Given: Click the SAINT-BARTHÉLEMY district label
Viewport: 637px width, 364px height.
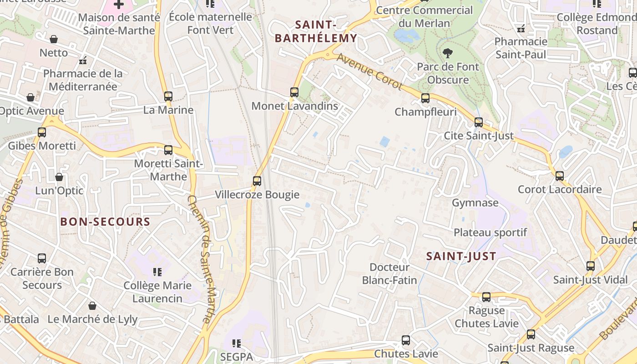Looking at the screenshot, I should click(x=316, y=31).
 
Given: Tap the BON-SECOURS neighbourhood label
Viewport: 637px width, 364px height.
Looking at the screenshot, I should click(x=105, y=222).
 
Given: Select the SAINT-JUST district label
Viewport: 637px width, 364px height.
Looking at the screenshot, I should click(x=461, y=256).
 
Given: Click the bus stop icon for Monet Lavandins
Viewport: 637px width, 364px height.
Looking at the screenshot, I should click(x=294, y=92).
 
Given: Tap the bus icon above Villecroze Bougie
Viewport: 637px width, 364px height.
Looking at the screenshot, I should click(x=257, y=181).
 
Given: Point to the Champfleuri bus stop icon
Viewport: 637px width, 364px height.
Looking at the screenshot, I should click(x=425, y=98).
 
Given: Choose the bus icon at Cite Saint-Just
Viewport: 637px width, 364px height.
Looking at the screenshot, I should click(x=479, y=122).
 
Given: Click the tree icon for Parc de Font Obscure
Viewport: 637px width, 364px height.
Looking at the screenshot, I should click(x=448, y=53).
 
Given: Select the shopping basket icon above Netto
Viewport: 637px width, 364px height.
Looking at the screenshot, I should click(x=54, y=39).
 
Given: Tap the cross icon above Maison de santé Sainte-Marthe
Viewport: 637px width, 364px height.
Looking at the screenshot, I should click(x=119, y=5).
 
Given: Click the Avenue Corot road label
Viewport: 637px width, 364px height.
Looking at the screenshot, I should click(x=369, y=71).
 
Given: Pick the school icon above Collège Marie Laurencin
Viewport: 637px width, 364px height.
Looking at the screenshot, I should click(x=157, y=272).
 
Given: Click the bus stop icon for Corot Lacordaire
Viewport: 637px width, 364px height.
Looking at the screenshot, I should click(x=560, y=176).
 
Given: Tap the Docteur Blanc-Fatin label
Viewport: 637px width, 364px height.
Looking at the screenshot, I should click(x=389, y=273).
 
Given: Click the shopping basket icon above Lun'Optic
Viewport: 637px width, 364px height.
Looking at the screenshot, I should click(x=59, y=177).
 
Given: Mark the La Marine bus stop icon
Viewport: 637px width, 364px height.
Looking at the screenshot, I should click(x=168, y=96).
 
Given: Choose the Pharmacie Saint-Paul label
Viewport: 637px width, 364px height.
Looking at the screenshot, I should click(x=521, y=48).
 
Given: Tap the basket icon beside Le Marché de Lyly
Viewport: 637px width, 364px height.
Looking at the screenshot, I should click(x=92, y=305).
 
